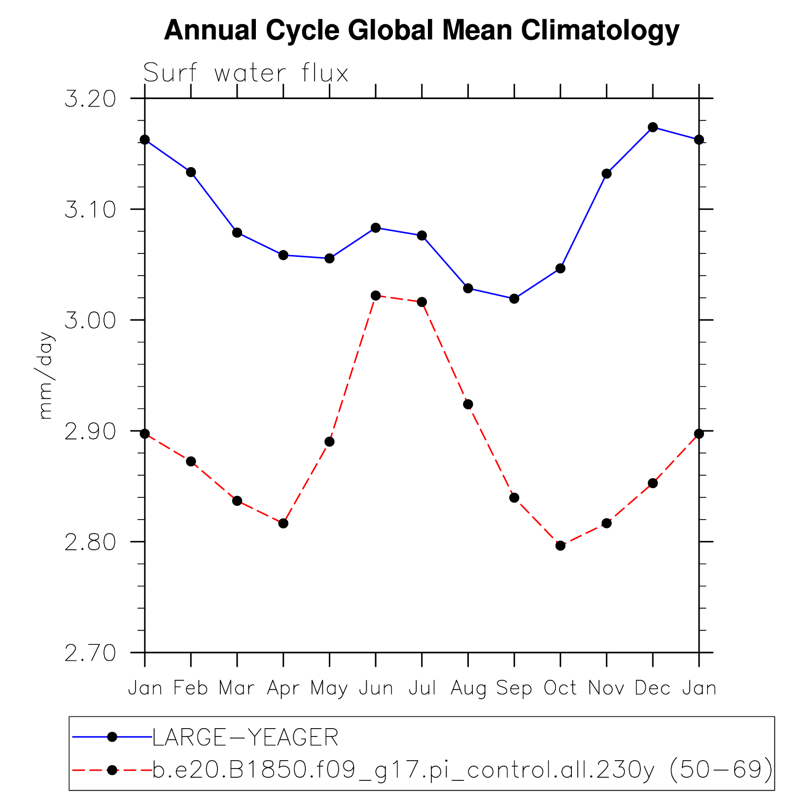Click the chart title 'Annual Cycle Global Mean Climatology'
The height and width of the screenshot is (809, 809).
point(422,31)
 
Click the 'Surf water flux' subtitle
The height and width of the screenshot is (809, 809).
point(246,73)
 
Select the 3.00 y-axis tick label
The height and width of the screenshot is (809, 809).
point(90,320)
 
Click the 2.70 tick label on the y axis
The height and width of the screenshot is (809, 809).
point(90,653)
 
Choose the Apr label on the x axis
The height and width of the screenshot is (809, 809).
point(283,688)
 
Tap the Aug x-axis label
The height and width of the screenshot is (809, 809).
point(468,688)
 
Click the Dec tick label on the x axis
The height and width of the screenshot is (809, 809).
point(653,688)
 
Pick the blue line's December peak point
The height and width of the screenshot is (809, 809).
point(653,127)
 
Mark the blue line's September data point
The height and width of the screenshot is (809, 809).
point(514,299)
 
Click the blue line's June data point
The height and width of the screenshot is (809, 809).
point(376,228)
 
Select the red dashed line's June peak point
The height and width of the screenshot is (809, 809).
point(376,296)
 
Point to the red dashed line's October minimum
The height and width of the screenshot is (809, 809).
point(561,546)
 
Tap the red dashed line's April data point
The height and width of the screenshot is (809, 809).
point(283,523)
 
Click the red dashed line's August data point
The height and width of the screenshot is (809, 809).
point(468,404)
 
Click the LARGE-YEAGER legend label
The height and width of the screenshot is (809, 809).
point(246,738)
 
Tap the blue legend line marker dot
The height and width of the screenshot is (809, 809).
point(112,737)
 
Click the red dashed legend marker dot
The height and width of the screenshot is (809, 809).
point(112,770)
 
